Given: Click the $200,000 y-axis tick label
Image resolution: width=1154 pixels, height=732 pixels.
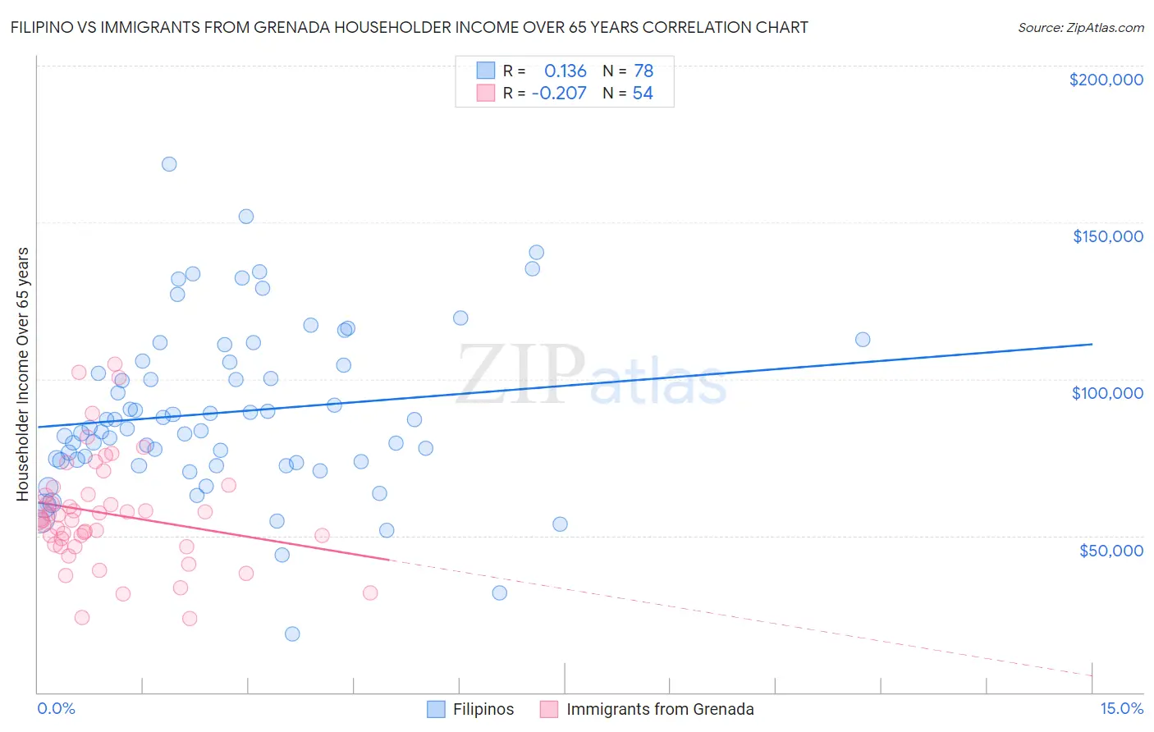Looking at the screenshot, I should [1106, 80].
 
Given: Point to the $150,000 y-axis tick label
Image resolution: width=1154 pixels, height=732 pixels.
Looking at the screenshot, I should [1107, 236].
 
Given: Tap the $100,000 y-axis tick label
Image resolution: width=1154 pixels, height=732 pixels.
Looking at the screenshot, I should [1107, 393].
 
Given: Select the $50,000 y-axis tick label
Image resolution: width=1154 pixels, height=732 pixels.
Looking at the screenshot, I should [1110, 550].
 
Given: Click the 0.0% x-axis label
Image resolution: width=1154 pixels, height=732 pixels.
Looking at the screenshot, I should [56, 708].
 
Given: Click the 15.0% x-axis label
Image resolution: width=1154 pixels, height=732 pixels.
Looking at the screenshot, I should [1121, 708].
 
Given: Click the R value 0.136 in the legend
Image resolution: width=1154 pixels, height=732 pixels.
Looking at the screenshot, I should [565, 71].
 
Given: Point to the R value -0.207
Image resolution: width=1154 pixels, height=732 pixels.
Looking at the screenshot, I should [559, 94].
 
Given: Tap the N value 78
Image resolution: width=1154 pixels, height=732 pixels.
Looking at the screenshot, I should [643, 71].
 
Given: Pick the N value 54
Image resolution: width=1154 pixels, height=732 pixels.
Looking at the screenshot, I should [643, 94].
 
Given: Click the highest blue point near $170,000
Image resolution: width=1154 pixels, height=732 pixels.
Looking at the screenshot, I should [169, 164].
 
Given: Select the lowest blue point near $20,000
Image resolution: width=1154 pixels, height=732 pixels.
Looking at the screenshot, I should [292, 634].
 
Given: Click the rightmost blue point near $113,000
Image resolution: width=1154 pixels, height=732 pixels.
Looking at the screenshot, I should [863, 340].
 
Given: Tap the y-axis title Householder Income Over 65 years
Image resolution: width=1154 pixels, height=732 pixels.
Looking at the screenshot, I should [22, 373].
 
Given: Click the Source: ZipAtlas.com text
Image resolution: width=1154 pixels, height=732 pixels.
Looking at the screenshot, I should [1080, 28].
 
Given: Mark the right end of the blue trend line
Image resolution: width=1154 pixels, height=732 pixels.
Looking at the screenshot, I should [1092, 345].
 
